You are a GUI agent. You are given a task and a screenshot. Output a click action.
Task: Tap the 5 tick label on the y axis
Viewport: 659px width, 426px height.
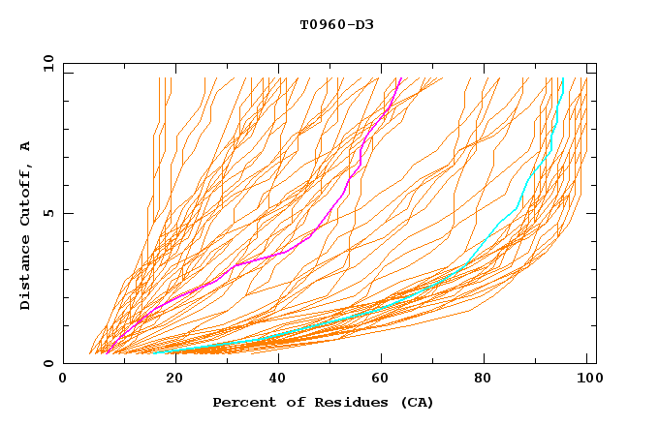(49, 213)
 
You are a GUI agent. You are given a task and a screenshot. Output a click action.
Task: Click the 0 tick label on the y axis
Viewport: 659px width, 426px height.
(49, 363)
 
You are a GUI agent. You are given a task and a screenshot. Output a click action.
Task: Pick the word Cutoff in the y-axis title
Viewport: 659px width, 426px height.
(26, 194)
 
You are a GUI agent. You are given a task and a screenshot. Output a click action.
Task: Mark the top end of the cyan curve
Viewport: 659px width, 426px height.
(563, 77)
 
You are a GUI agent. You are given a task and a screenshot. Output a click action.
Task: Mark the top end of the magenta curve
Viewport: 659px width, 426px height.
(399, 77)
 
